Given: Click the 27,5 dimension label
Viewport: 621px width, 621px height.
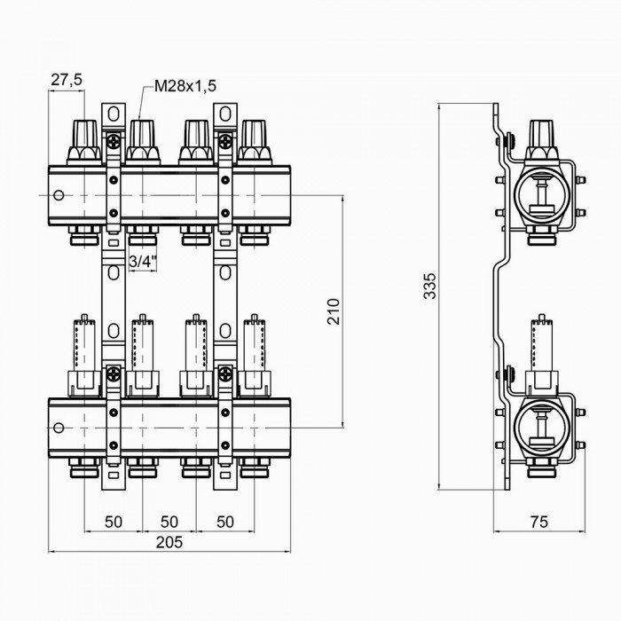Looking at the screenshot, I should point(66,80).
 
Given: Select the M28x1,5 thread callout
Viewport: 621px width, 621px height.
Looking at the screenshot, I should point(185,86).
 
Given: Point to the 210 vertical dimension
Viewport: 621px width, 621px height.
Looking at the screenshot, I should point(334,310).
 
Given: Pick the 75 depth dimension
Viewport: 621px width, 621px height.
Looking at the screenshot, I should point(538,523).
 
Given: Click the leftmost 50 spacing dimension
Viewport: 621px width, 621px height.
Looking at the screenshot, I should point(113,521).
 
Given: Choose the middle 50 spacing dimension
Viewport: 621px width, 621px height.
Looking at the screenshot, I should point(169,521).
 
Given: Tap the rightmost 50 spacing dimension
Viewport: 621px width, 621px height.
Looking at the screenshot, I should point(225,521).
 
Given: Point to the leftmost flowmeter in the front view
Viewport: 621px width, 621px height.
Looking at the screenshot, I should point(85,350).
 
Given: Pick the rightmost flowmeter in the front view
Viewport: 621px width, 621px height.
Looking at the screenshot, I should point(254,350).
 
